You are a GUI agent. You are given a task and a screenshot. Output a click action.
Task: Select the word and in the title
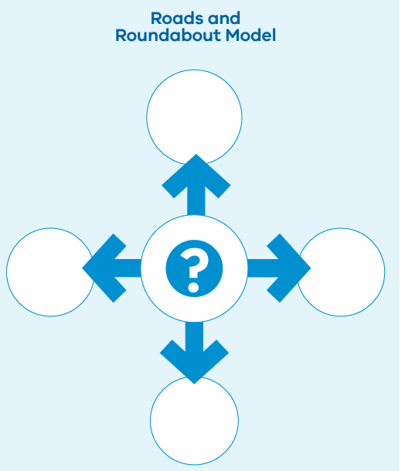(224, 19)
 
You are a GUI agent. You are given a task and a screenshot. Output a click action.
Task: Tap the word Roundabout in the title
(168, 35)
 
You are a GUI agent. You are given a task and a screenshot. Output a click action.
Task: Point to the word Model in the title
(250, 35)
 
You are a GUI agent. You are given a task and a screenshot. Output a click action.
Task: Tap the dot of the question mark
(193, 287)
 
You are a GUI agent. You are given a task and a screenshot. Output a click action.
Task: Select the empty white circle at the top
(194, 117)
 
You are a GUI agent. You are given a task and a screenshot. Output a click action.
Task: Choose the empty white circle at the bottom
(194, 421)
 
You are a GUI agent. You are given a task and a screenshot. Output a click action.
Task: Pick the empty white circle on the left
(50, 271)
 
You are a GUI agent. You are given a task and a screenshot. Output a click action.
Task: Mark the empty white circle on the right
(341, 271)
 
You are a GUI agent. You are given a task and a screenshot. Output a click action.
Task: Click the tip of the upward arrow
(196, 155)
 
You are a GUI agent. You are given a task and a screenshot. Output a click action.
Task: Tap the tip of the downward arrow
(194, 384)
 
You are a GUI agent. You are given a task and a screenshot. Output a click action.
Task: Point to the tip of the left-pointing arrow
(83, 268)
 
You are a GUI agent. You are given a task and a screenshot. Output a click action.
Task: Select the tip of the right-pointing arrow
(311, 268)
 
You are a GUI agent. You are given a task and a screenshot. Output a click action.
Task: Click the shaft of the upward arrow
(196, 200)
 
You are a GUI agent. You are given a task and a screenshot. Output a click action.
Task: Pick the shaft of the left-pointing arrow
(126, 268)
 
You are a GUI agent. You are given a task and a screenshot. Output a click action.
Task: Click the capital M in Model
(233, 36)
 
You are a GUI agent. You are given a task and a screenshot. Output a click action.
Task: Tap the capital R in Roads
(156, 19)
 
